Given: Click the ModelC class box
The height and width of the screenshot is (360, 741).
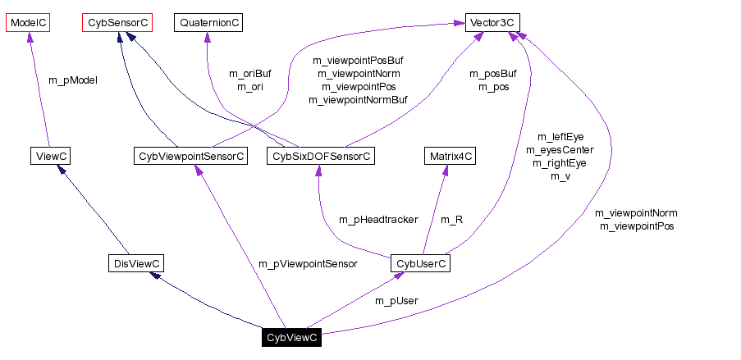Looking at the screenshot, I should (x=29, y=23).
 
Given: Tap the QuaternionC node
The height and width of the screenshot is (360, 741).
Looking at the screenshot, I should (x=208, y=23).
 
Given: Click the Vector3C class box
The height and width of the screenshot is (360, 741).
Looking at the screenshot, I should (x=492, y=23).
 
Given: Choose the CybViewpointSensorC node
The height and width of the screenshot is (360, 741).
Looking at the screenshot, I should (x=190, y=155).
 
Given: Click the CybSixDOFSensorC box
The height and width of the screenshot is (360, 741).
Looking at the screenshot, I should (x=321, y=155).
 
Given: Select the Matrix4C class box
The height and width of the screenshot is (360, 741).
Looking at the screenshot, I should (x=450, y=155).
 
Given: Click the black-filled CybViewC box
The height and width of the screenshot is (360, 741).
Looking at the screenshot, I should (x=291, y=338).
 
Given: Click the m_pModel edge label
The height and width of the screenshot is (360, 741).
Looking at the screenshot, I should (x=73, y=80).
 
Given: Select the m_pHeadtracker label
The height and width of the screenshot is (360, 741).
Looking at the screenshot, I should (x=378, y=219).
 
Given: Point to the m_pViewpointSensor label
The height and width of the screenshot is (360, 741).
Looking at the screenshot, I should (x=308, y=263).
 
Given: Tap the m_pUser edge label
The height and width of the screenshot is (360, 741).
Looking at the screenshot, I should (x=396, y=300).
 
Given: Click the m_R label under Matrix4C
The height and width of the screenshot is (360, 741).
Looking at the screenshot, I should (x=452, y=219).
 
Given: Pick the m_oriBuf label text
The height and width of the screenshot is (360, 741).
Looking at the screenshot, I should (x=249, y=74).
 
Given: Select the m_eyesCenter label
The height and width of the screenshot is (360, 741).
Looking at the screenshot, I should (x=560, y=150).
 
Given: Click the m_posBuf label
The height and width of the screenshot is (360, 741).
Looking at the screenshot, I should (x=493, y=74).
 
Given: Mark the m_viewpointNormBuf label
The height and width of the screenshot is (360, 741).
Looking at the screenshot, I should (x=358, y=100).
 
